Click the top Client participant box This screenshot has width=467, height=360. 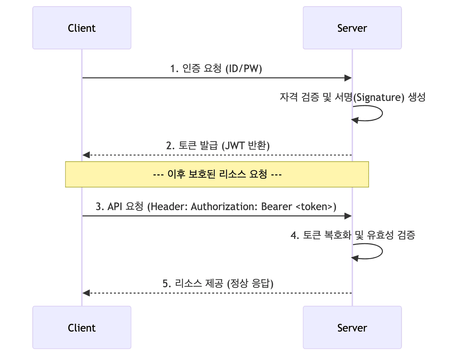82,28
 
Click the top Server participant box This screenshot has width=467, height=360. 352,28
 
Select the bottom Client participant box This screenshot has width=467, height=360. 82,328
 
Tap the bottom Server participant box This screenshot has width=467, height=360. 352,328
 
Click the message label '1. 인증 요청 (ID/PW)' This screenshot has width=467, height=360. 216,69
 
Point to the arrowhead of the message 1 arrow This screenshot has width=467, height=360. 348,78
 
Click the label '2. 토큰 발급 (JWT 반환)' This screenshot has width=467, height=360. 218,146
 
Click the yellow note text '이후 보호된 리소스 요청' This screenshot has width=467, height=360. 217,174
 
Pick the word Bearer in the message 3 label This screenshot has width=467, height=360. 277,207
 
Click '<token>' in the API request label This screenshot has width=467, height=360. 314,207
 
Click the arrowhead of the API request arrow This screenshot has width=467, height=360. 348,216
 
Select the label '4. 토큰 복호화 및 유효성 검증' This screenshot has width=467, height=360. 352,235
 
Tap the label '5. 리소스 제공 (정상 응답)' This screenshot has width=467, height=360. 218,284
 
